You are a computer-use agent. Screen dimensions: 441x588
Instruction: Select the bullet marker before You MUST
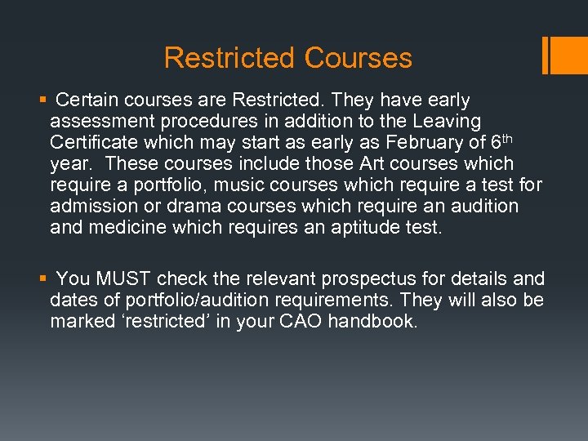[42, 279]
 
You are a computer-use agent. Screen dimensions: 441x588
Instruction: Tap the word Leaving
[448, 122]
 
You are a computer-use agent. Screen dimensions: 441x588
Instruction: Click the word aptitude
[368, 228]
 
